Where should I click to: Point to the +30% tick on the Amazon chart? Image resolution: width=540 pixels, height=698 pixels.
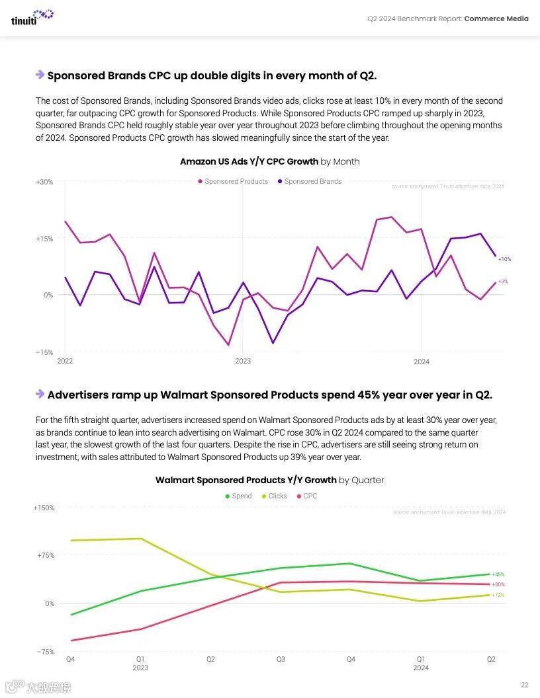click(x=44, y=182)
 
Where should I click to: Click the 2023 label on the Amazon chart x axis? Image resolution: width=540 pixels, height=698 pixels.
click(x=243, y=362)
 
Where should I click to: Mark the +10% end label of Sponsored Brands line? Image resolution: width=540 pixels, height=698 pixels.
click(x=504, y=259)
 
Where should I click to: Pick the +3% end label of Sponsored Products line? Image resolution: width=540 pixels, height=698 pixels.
click(x=503, y=282)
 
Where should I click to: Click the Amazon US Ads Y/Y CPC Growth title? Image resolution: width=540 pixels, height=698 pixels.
click(x=269, y=161)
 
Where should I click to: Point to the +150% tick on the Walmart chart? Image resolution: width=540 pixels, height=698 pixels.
click(x=44, y=508)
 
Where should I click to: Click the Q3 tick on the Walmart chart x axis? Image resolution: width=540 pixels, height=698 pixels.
click(x=281, y=659)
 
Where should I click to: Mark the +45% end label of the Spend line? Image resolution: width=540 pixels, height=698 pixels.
click(x=498, y=574)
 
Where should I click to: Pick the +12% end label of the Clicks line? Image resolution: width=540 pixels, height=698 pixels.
click(x=498, y=595)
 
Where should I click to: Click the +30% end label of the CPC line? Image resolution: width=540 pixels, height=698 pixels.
click(x=498, y=584)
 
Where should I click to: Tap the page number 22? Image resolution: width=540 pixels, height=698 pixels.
click(x=525, y=685)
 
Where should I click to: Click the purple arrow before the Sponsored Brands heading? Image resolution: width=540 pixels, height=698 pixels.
click(x=40, y=75)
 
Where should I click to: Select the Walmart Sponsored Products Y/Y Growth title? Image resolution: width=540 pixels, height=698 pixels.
click(x=269, y=480)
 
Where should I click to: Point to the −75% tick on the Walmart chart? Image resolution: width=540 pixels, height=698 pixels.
click(x=45, y=652)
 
